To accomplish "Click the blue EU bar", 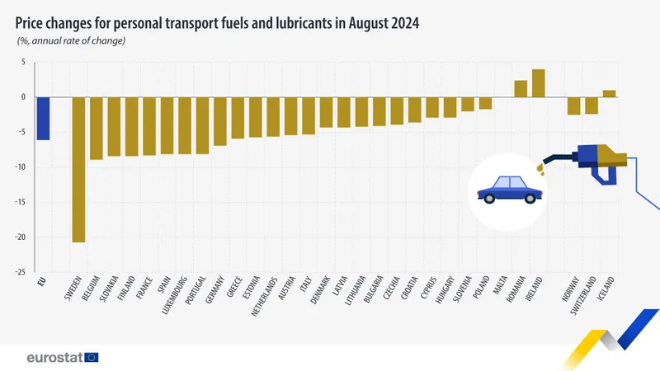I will point(43,118).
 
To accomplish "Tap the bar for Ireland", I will point(539,83).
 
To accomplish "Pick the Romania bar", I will point(521,89).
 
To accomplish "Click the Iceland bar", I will point(610,94).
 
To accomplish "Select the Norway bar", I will point(573,106).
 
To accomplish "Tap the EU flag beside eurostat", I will point(92,357).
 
